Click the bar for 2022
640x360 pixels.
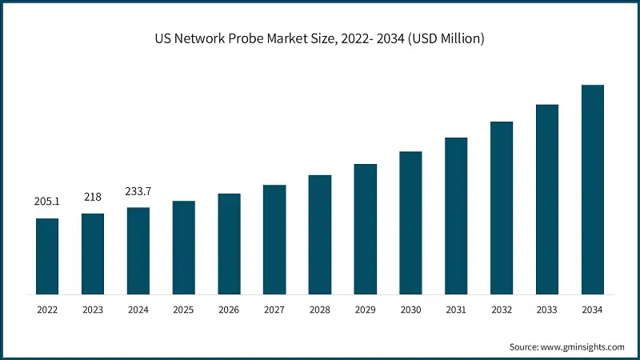pyautogui.click(x=47, y=256)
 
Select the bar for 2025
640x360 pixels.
pyautogui.click(x=184, y=247)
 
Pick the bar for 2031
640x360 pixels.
pyautogui.click(x=456, y=216)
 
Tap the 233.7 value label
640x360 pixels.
pyautogui.click(x=138, y=192)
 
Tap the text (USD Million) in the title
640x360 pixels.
pyautogui.click(x=445, y=38)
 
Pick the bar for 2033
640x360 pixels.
pyautogui.click(x=546, y=199)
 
